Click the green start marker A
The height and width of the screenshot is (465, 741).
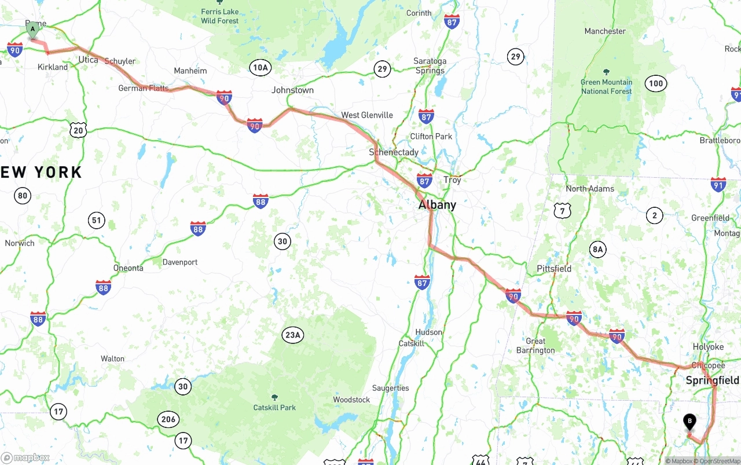click(x=32, y=29)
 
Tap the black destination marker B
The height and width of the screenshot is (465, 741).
click(x=689, y=422)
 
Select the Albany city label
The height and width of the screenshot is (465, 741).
click(x=437, y=205)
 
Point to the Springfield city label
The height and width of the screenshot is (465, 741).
click(x=712, y=380)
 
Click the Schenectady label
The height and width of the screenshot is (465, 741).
click(x=394, y=152)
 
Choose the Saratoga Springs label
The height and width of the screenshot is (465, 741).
click(x=430, y=66)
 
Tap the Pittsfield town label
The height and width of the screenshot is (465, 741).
click(x=554, y=269)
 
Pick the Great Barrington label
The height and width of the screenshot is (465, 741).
click(x=535, y=346)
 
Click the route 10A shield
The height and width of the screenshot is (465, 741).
click(x=261, y=68)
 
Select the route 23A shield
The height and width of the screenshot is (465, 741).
click(x=293, y=335)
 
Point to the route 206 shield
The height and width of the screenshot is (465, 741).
click(x=168, y=419)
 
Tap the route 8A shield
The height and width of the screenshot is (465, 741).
click(x=597, y=250)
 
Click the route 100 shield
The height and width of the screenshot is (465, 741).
click(x=655, y=83)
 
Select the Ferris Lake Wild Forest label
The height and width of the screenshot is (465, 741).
click(x=220, y=16)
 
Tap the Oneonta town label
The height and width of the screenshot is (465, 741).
click(x=128, y=268)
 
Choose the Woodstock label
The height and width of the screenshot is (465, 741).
click(x=351, y=400)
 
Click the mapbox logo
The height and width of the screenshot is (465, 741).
click(x=25, y=457)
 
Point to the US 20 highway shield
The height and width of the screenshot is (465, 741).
click(x=78, y=130)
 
